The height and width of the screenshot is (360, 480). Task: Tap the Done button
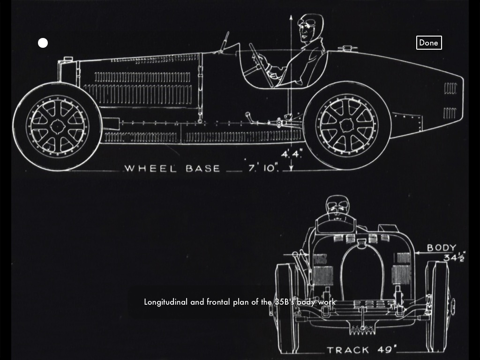(x=428, y=43)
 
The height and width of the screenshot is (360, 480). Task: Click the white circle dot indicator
(x=43, y=43)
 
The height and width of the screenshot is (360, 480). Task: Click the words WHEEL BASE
(x=172, y=168)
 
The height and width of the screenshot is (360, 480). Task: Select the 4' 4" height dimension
(x=292, y=154)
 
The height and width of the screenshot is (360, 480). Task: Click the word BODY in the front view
(x=441, y=247)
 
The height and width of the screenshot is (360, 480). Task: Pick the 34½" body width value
(x=454, y=257)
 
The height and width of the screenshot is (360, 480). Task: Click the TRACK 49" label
(x=361, y=350)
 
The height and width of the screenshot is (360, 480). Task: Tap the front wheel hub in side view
(x=57, y=126)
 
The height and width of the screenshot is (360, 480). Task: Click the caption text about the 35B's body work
(x=240, y=302)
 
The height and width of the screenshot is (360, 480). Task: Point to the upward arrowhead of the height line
(x=291, y=18)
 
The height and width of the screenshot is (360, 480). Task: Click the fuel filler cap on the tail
(x=347, y=48)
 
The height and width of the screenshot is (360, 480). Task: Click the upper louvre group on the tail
(x=450, y=88)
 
